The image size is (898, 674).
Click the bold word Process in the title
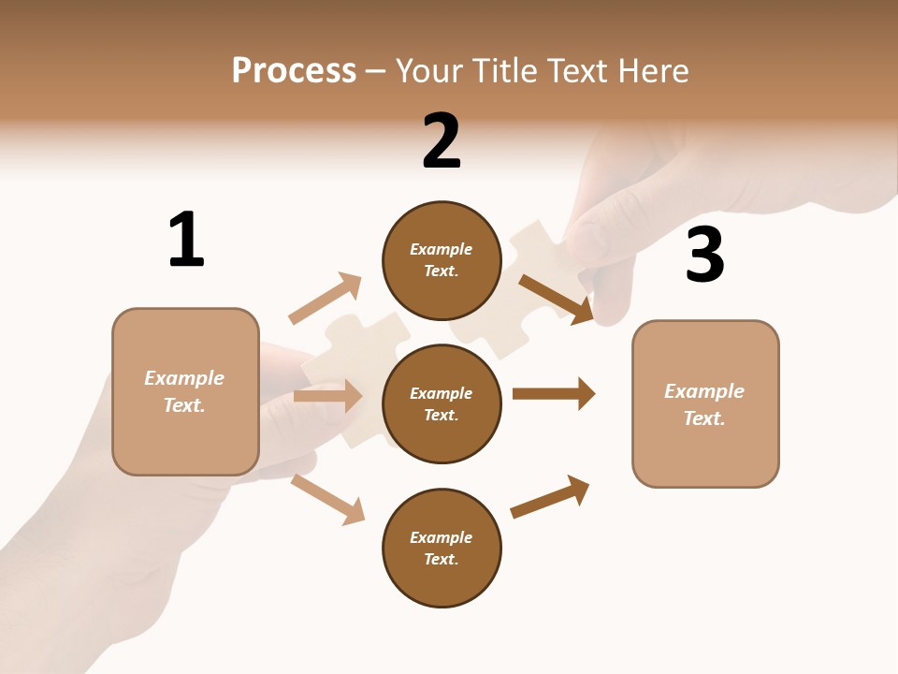click(x=294, y=71)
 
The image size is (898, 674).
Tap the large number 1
click(x=186, y=240)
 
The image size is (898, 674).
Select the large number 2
click(x=442, y=140)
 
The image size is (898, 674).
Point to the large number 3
click(x=704, y=256)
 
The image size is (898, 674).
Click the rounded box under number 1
click(x=185, y=391)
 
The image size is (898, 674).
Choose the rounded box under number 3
click(x=705, y=404)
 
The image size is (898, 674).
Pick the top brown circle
click(x=442, y=260)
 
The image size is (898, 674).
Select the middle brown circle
click(x=442, y=404)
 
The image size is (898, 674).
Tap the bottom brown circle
click(x=442, y=549)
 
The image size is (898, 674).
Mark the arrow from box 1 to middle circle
click(x=327, y=396)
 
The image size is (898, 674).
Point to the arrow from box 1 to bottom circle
click(x=327, y=499)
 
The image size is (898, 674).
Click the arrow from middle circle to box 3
click(x=554, y=394)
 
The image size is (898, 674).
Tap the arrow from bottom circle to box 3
click(x=550, y=496)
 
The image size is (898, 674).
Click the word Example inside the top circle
click(x=442, y=249)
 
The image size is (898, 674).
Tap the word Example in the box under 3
click(x=704, y=391)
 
